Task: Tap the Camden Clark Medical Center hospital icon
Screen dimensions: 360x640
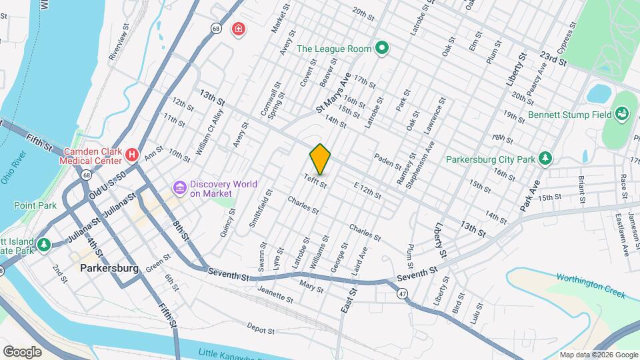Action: coord(132,156)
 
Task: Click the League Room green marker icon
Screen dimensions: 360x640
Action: coord(381,48)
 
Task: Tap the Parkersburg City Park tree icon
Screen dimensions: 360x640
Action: coord(546,158)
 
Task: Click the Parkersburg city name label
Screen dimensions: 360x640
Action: coord(109,269)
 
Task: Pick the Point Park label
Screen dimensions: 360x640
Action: coord(34,205)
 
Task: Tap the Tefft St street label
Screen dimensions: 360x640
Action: coord(315,180)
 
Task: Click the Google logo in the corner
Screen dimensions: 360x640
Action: coord(22,351)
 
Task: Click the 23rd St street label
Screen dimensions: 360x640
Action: coord(553,58)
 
